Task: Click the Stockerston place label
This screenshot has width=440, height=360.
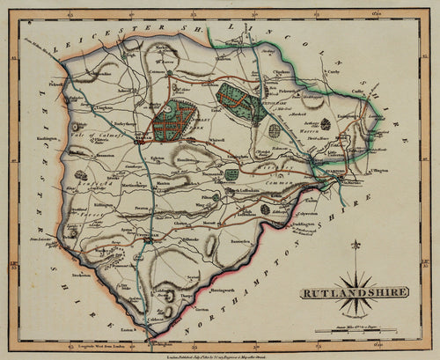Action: coord(85,261)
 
